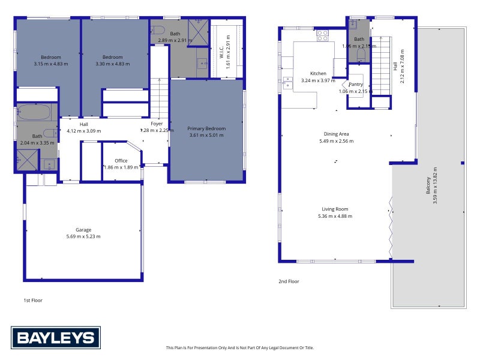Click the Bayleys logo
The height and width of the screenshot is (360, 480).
[56, 338]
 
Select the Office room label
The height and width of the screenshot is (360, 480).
[121, 161]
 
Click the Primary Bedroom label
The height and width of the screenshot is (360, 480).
[206, 128]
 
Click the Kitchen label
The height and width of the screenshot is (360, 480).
[318, 73]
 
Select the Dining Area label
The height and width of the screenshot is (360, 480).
[336, 134]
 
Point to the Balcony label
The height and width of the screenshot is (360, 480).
[428, 180]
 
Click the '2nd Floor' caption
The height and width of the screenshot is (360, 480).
[289, 281]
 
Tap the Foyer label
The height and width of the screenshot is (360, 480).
[157, 124]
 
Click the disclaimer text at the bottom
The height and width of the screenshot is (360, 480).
[239, 347]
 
